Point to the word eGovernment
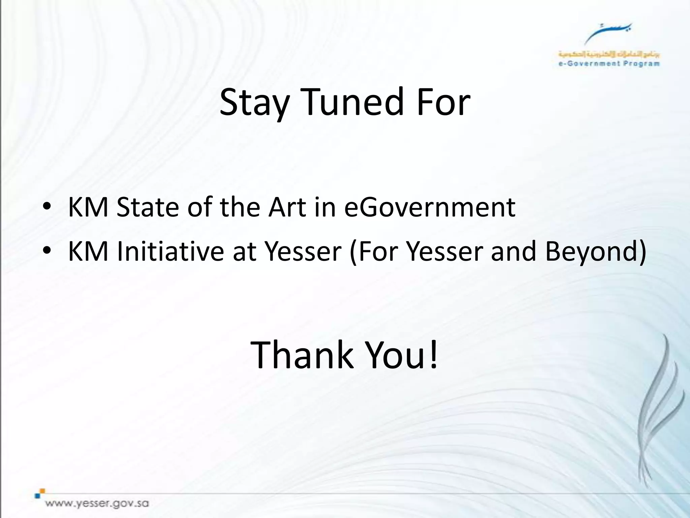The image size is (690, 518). click(430, 207)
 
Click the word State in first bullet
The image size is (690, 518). click(148, 207)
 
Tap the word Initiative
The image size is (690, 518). click(170, 252)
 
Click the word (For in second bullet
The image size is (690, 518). click(374, 252)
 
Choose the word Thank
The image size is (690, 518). click(302, 355)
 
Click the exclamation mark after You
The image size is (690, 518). click(434, 355)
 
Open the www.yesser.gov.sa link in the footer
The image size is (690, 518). click(97, 504)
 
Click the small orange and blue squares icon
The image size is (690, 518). click(40, 493)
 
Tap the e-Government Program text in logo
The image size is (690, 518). click(609, 63)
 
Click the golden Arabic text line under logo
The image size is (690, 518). click(609, 54)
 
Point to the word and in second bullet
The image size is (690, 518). click(513, 252)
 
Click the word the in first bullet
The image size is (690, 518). click(240, 207)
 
